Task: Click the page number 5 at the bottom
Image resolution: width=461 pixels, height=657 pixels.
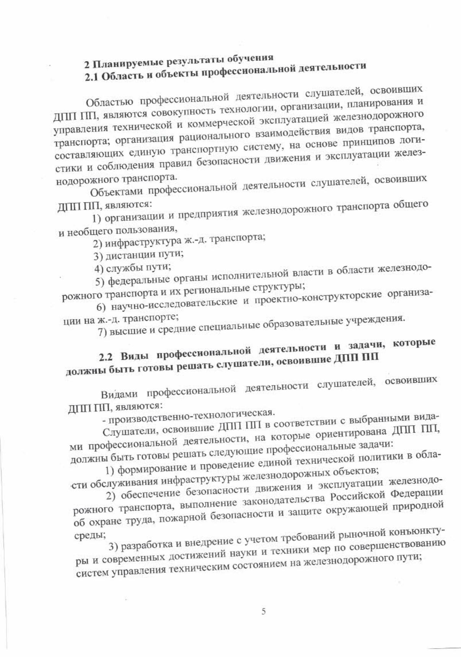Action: click(264, 612)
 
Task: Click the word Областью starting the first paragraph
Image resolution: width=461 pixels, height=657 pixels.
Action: click(109, 103)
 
